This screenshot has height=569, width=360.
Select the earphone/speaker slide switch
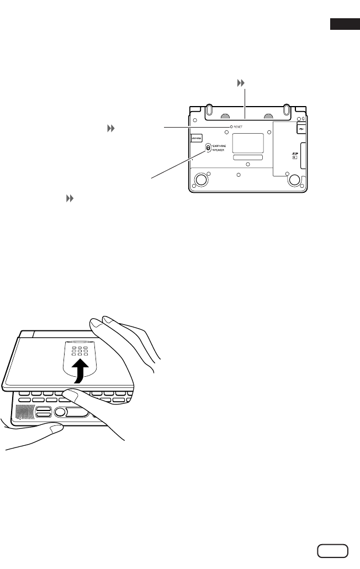click(x=208, y=147)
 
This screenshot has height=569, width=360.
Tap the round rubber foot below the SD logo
click(x=294, y=179)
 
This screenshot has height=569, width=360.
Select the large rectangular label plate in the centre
click(x=247, y=143)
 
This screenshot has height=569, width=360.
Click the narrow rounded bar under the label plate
click(x=247, y=157)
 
